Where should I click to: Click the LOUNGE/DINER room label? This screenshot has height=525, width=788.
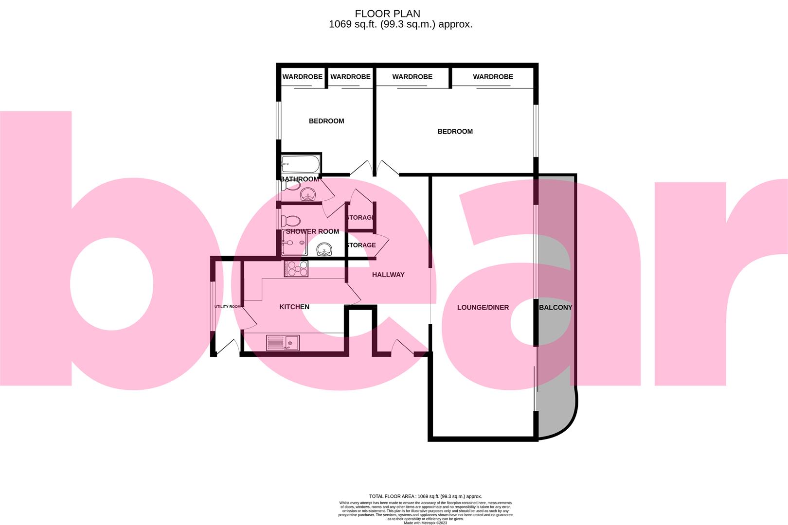[483, 307]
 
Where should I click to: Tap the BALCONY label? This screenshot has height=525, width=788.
[555, 307]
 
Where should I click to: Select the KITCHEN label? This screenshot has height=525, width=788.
[294, 307]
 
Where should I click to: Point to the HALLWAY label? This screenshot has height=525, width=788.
[388, 275]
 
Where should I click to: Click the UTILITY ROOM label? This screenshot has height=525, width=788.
[228, 307]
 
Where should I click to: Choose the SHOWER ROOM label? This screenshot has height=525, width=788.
[312, 231]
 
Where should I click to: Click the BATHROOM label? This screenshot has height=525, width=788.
[300, 179]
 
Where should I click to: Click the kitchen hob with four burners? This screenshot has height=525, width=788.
[296, 269]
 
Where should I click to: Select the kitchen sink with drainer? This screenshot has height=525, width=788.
[283, 343]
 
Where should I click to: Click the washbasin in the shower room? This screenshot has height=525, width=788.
[324, 250]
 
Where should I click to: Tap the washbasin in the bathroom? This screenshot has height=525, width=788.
[308, 195]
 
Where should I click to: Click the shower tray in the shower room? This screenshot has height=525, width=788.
[294, 243]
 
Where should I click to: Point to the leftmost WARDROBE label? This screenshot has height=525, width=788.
[302, 77]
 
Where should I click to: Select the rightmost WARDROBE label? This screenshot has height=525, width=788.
[493, 77]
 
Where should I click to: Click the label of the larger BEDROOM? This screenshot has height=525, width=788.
[455, 131]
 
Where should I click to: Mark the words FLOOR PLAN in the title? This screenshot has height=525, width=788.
[387, 14]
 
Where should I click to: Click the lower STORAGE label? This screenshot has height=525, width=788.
[361, 245]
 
